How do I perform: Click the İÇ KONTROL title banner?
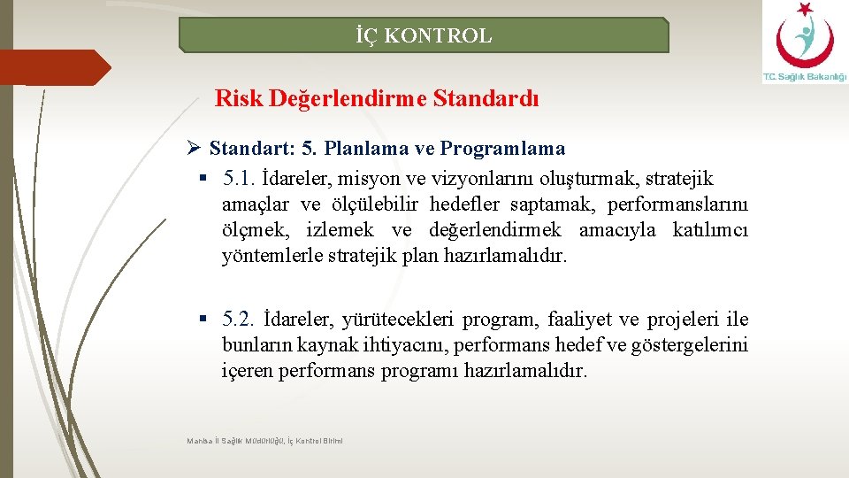point(424,36)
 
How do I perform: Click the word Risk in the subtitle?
point(238,98)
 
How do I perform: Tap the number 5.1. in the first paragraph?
point(240,180)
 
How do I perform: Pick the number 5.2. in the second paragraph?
point(240,319)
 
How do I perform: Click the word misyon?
point(380,180)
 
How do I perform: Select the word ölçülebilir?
point(377,205)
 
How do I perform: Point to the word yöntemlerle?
point(265,257)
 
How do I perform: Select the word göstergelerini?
point(691,344)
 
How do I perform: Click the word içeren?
point(248,370)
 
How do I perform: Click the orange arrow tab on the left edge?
point(53,67)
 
